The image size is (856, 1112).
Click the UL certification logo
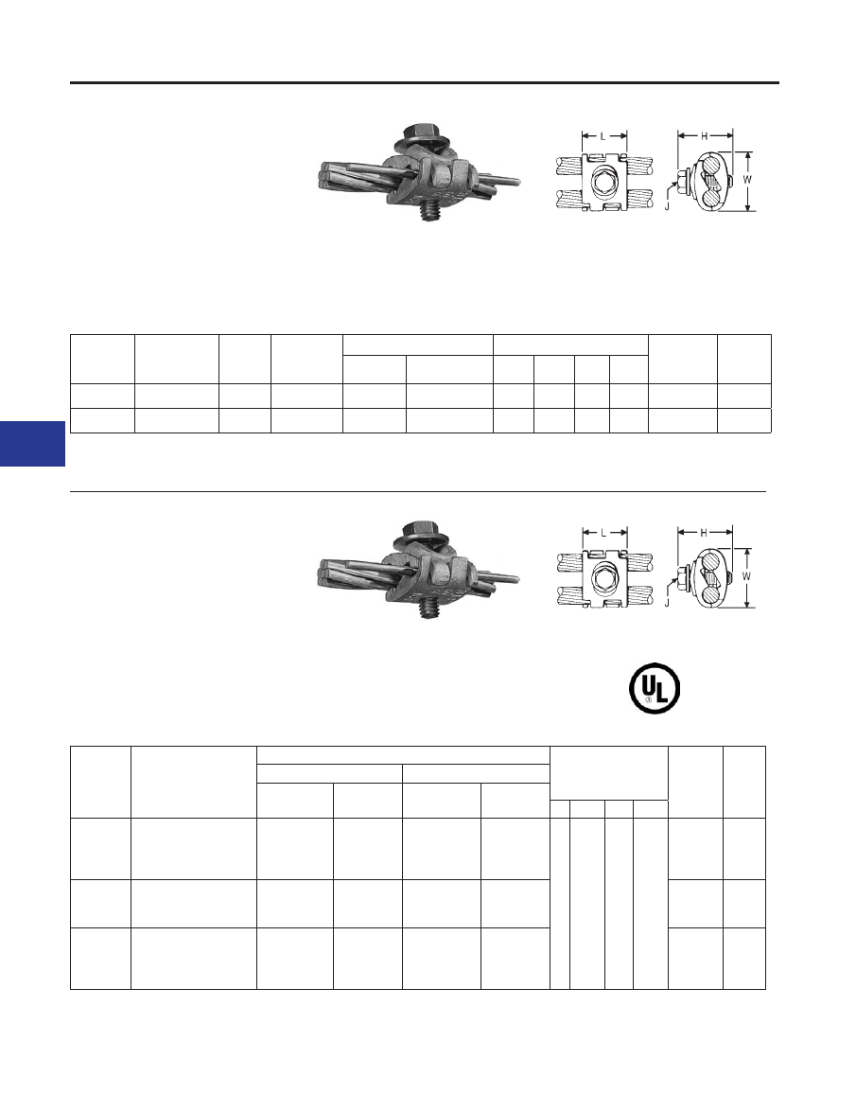[x=655, y=688]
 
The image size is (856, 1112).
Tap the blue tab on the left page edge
[x=32, y=443]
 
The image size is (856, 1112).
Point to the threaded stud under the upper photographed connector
[x=428, y=212]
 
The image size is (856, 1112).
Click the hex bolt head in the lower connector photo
[x=423, y=533]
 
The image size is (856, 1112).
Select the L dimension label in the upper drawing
[x=603, y=136]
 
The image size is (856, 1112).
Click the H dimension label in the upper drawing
[x=705, y=135]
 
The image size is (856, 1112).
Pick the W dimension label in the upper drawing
[x=747, y=180]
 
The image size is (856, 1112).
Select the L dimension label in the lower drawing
[x=603, y=533]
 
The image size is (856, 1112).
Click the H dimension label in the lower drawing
[x=705, y=533]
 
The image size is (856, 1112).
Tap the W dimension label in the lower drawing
[x=747, y=576]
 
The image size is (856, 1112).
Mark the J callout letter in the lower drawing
[x=667, y=603]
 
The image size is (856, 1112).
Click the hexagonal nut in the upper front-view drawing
[x=604, y=181]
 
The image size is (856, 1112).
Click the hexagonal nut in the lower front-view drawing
[x=604, y=578]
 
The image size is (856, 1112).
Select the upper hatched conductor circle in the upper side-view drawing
[x=713, y=168]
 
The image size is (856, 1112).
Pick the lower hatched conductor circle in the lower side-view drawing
[x=712, y=591]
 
